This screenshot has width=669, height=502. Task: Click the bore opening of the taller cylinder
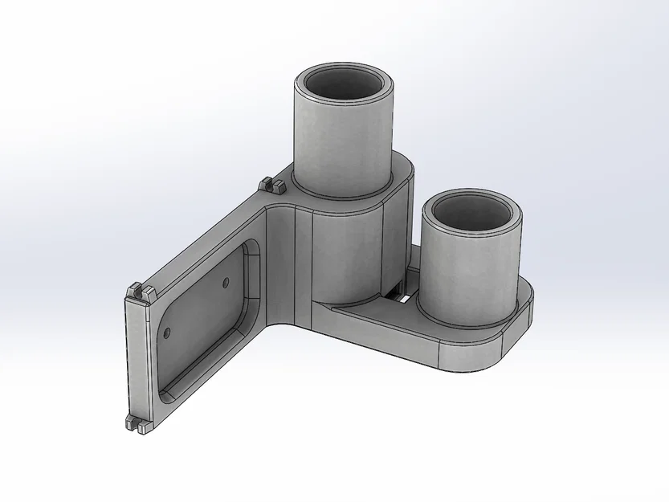click(345, 85)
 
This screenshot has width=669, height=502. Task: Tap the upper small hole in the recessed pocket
click(226, 282)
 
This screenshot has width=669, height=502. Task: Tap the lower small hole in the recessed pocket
click(167, 331)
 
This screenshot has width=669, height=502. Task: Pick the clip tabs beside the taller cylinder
click(273, 186)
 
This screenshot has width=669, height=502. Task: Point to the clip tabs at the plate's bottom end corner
click(138, 425)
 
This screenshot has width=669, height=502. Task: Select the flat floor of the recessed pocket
click(201, 321)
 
